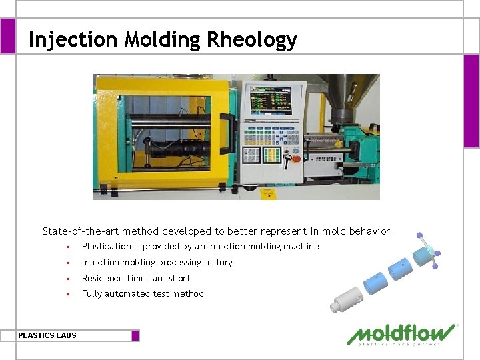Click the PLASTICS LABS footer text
click(47, 335)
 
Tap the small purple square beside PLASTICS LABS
click(135, 335)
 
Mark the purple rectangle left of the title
click(7, 36)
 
